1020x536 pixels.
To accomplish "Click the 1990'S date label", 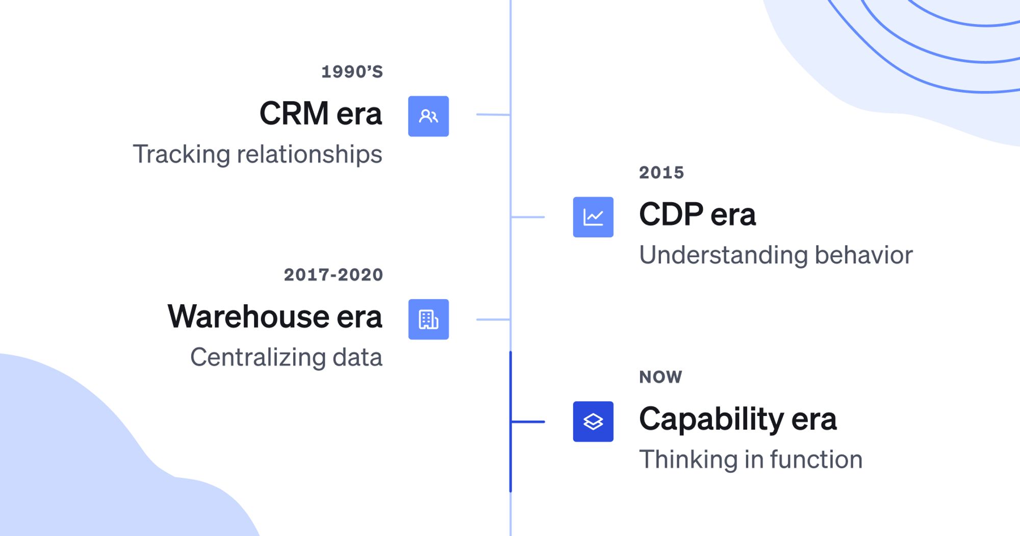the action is [352, 72].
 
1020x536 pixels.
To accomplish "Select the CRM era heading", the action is [320, 113].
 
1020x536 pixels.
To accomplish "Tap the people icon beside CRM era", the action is [428, 116].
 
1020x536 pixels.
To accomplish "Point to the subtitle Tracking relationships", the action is [258, 154].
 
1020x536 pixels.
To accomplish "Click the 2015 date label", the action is [661, 173].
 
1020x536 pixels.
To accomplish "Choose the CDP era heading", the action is [697, 214].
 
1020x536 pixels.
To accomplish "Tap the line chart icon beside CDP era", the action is [593, 217].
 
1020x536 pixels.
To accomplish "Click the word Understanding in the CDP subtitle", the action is [723, 255].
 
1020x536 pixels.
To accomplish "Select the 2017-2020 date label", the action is [333, 275].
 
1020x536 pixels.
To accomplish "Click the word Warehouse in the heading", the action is [248, 316].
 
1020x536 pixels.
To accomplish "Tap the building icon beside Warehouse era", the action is [428, 320].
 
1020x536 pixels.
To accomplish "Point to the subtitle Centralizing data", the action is [286, 357].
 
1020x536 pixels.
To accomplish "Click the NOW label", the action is [660, 377].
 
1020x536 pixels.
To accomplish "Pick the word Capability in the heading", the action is [711, 419].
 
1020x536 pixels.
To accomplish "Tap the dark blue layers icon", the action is [593, 422].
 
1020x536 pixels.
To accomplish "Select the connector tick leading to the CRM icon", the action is [493, 114].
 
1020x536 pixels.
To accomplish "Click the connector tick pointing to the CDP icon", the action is [528, 217].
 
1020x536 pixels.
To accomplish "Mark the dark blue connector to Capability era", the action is [528, 422].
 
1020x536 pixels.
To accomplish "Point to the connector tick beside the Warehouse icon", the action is [493, 320].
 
